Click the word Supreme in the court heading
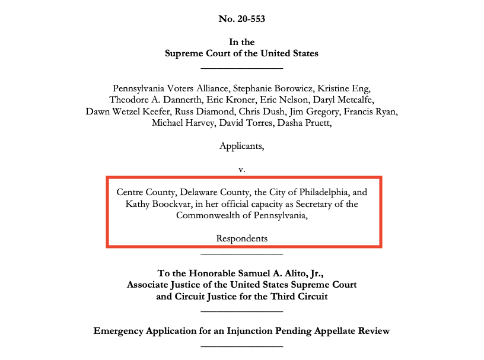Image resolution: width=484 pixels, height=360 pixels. click(x=183, y=53)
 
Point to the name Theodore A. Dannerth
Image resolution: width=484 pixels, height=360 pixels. click(x=151, y=100)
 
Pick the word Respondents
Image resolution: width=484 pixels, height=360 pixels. click(x=242, y=238)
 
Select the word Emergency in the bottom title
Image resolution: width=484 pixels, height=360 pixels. click(x=117, y=330)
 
